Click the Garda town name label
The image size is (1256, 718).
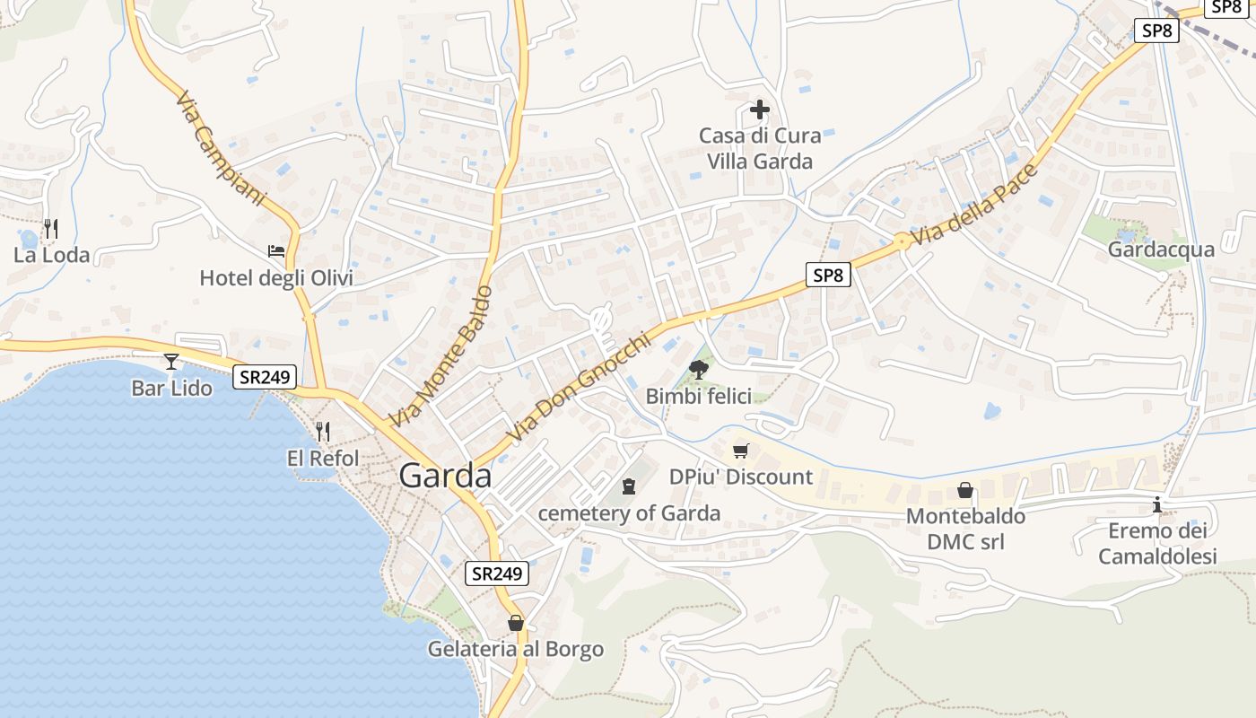coord(445,476)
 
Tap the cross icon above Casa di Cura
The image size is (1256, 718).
coord(760,110)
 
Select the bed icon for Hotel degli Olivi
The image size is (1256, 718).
coord(276,251)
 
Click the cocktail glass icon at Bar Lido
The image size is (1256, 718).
coord(171,362)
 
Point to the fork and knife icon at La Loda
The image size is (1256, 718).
coord(51,229)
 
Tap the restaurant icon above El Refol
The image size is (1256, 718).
coord(323,432)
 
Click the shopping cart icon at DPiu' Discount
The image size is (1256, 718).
coord(740,451)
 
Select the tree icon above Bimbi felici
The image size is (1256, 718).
coord(698,369)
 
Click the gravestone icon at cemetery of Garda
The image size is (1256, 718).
coord(629,486)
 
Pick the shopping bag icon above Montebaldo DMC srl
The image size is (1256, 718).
coord(965,490)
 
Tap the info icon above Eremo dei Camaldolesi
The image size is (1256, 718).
coord(1157,504)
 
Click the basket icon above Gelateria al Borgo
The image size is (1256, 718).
coord(516,622)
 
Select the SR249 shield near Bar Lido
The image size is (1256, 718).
coord(265,377)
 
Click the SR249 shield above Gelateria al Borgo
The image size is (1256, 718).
coord(497,574)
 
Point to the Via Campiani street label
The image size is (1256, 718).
coord(221,148)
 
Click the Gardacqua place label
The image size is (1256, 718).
coord(1161,250)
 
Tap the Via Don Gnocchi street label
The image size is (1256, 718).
coord(577,388)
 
